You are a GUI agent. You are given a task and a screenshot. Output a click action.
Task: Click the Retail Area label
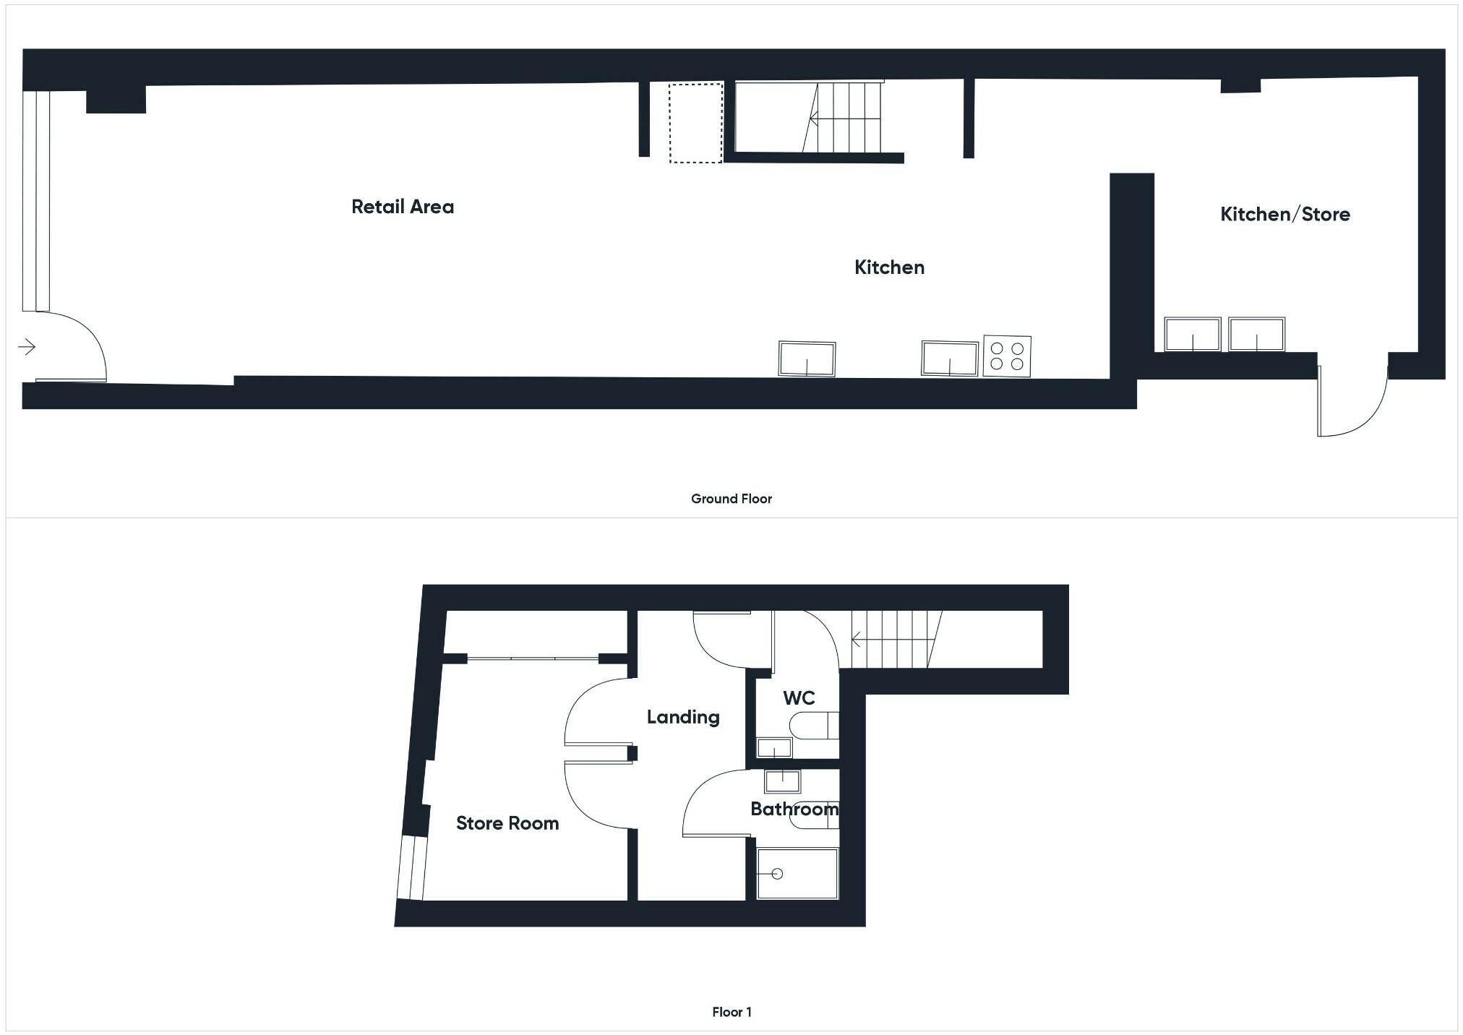(403, 207)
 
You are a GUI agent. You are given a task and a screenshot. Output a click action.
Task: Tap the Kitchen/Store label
(1284, 214)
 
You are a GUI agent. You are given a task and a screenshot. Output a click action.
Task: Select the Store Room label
(507, 823)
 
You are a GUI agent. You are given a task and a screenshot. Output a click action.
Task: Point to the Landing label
(682, 716)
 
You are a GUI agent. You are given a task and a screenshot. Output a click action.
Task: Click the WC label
(799, 697)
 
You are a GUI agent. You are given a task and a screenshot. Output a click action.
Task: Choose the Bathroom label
(794, 809)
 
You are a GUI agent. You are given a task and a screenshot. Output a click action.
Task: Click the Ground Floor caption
(731, 499)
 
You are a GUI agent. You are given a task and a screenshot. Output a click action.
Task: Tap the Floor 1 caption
(731, 1012)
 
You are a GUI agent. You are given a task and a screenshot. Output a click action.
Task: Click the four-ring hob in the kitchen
(1006, 356)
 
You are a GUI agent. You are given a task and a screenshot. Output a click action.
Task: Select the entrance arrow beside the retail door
(27, 348)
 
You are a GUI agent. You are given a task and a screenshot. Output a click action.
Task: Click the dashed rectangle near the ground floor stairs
(695, 123)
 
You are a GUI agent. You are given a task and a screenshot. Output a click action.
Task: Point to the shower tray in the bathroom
(797, 874)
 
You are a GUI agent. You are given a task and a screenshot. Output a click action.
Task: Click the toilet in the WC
(814, 725)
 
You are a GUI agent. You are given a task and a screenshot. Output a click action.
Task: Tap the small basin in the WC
(773, 747)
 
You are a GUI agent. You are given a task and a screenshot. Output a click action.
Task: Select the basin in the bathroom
(782, 781)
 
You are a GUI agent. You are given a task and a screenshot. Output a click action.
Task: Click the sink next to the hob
(949, 358)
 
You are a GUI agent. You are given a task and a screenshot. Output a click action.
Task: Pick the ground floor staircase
(842, 117)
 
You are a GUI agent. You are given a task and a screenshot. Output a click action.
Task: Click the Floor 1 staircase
(896, 640)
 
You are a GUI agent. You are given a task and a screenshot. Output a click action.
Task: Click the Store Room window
(412, 867)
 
